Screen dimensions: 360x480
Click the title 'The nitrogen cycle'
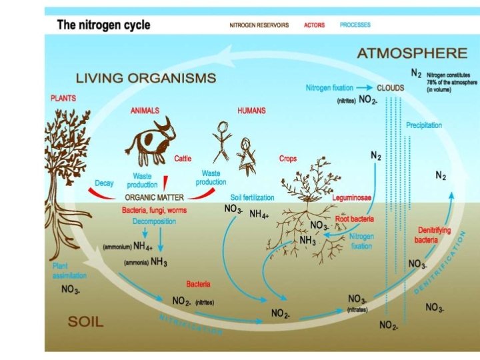103,25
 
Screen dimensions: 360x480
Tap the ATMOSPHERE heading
411,53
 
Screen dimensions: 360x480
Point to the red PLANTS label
63,97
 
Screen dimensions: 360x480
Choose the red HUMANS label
251,110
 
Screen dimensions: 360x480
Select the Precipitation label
424,125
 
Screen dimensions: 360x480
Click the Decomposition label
154,221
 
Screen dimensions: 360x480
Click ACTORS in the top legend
314,25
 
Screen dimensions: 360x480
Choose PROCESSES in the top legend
355,25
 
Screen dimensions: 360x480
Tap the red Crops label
288,159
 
